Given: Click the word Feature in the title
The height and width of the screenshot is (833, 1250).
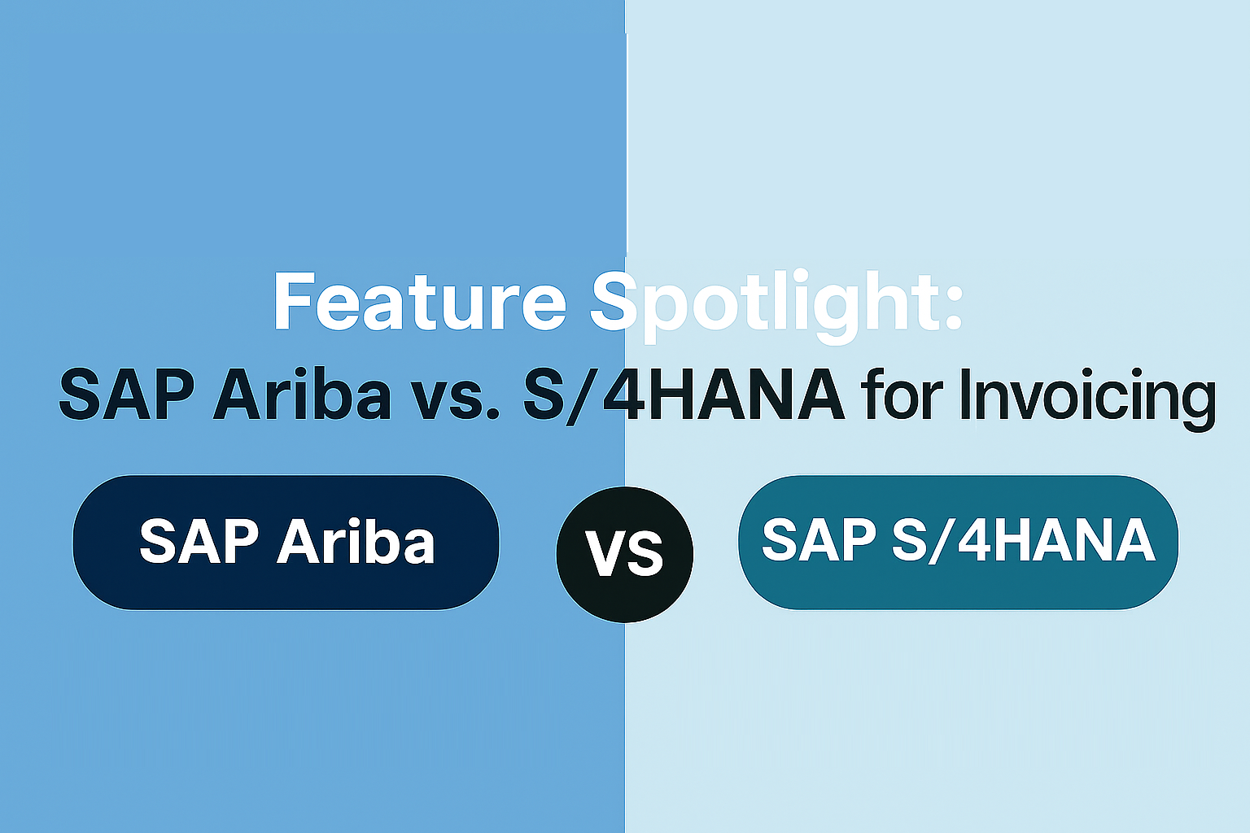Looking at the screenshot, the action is click(420, 301).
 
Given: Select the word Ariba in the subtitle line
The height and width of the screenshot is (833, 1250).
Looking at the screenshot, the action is click(302, 393).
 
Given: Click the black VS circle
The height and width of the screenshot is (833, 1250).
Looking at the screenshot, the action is click(624, 555).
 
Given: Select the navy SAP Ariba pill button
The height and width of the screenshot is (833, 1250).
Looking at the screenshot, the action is click(286, 543).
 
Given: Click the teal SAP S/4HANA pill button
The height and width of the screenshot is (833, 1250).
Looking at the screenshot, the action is click(958, 543).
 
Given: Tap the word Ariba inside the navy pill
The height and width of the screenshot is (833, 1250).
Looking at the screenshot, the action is click(356, 541).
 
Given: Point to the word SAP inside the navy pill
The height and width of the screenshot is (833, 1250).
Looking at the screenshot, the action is click(199, 541).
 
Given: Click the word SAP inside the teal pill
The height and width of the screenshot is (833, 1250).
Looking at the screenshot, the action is click(819, 539).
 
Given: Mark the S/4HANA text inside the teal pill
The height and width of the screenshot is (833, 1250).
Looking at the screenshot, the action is click(1024, 540).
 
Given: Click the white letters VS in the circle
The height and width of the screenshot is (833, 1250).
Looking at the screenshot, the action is click(624, 553).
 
